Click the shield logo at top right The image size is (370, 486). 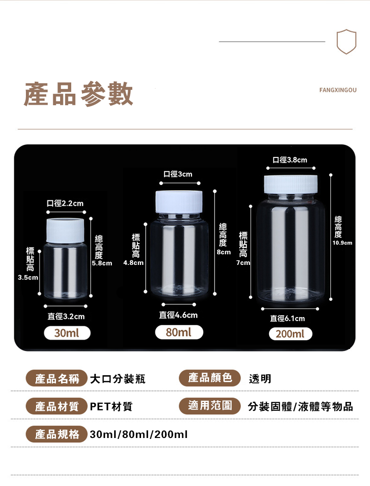tap(346, 42)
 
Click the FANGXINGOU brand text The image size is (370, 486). tap(338, 90)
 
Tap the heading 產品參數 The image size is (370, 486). tap(79, 94)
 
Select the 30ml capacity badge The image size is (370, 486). tap(67, 333)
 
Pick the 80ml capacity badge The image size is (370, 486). tap(179, 332)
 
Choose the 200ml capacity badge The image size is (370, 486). tap(290, 334)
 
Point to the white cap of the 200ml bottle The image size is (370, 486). tap(291, 184)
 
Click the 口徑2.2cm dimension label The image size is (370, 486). tap(65, 204)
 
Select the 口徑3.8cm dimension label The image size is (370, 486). tap(290, 160)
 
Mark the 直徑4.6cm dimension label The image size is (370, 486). tap(179, 315)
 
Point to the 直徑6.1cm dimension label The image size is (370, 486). tap(288, 319)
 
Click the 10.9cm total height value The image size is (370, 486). tap(342, 243)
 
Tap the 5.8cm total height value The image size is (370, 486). tap(102, 263)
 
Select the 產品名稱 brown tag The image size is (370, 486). tap(57, 379)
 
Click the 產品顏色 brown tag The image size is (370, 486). tap(210, 378)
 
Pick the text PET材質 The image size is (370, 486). tap(111, 407)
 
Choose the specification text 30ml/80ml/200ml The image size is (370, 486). tap(139, 434)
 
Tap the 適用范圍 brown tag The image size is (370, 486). tap(210, 406)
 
